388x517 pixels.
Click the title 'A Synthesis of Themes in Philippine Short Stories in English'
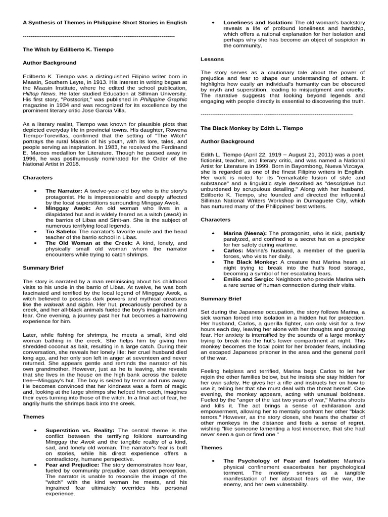tap(105, 23)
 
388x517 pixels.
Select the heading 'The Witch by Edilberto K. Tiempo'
tap(68, 50)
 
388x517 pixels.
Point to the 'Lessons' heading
tap(212, 60)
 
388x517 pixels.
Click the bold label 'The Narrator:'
tap(64, 190)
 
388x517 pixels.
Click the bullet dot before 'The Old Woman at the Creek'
tap(35, 243)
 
